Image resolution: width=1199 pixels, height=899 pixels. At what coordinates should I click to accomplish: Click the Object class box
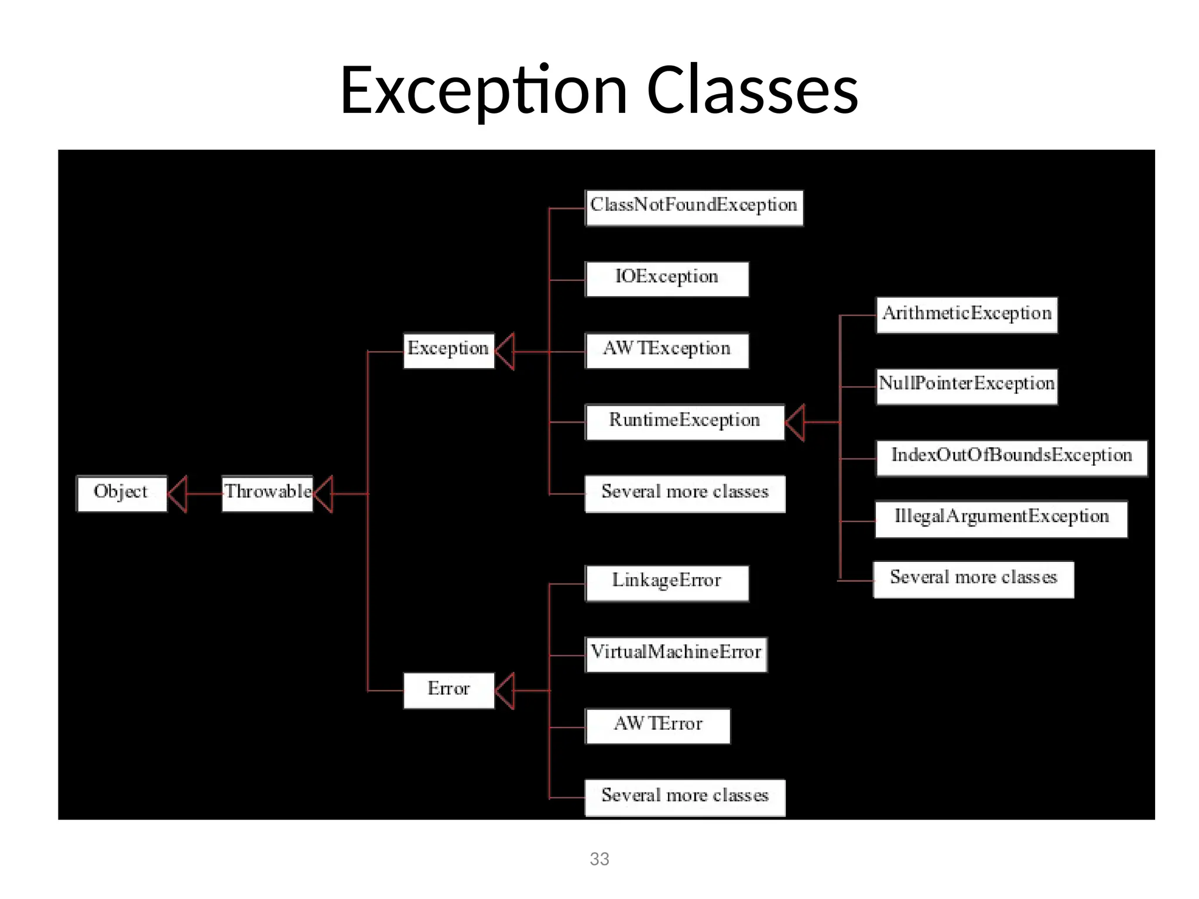[x=122, y=493]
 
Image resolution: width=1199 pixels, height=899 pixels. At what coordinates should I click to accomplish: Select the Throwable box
[x=268, y=493]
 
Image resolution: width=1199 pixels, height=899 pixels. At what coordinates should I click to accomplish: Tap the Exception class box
[x=448, y=350]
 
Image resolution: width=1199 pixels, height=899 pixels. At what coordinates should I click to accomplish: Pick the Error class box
[x=448, y=690]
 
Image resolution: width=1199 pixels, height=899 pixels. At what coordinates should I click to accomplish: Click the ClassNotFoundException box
[x=694, y=207]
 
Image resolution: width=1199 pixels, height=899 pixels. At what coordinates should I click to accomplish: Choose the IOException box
[x=667, y=279]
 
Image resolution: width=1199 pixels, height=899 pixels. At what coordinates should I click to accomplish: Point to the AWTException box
[x=667, y=350]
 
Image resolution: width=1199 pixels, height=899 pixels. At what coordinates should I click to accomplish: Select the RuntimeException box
[x=684, y=421]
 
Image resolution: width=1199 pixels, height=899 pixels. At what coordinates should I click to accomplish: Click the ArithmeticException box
[x=967, y=315]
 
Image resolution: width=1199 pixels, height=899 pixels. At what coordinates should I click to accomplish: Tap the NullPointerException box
[x=967, y=386]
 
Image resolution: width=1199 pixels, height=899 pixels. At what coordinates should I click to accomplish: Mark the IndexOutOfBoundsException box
[x=1011, y=458]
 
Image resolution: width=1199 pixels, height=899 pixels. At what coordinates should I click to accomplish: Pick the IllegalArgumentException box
[x=1001, y=519]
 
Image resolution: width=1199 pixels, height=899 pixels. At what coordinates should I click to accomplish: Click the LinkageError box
[x=667, y=582]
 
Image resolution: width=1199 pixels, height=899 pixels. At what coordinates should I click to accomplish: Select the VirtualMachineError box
[x=676, y=654]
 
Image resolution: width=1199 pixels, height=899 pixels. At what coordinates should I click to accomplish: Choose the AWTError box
[x=658, y=726]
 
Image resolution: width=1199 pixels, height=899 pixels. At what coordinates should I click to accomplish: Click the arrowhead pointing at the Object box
[x=178, y=494]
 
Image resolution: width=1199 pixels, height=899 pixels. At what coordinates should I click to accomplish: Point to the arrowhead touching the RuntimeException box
[x=796, y=422]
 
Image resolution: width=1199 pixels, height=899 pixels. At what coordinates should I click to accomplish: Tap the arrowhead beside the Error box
[x=505, y=691]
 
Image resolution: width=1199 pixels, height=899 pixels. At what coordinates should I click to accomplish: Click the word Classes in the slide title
[x=752, y=91]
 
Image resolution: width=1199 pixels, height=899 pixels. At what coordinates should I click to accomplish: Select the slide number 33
[x=599, y=859]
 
